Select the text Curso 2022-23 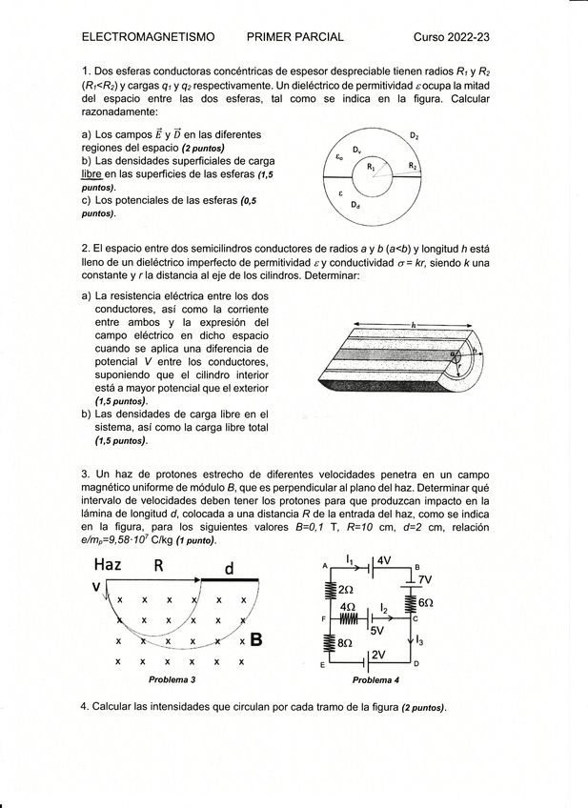pos(451,37)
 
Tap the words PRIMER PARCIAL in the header pos(294,37)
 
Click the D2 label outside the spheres pos(415,136)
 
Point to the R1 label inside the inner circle pos(372,166)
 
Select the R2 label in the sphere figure pos(413,166)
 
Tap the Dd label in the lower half pos(355,205)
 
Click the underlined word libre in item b pos(91,174)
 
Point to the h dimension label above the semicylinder pos(414,325)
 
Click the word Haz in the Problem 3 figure pos(107,565)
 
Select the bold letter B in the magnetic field pos(256,640)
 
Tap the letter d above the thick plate pos(229,568)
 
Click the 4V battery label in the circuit pos(384,560)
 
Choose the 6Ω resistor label pos(425,603)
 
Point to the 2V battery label pos(378,655)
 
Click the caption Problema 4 pos(375,680)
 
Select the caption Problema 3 pos(172,680)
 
